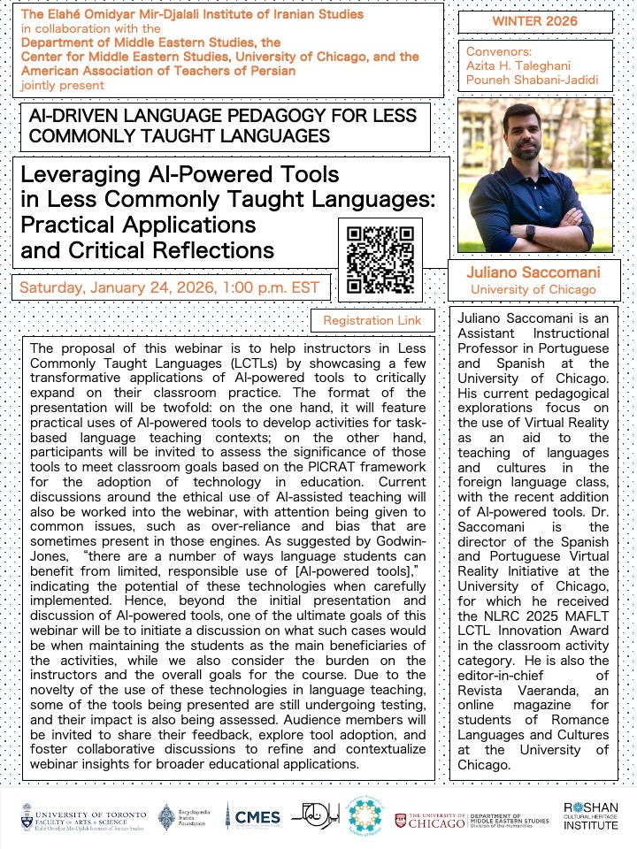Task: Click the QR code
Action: (x=380, y=259)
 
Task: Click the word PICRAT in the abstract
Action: (x=335, y=467)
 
